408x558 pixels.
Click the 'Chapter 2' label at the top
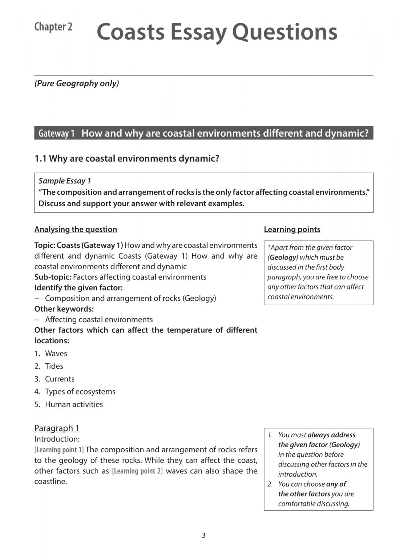click(x=53, y=27)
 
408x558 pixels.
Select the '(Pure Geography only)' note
click(x=77, y=83)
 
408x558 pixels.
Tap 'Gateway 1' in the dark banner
click(x=56, y=133)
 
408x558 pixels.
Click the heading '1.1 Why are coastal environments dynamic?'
click(x=127, y=158)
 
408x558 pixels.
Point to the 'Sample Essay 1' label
click(x=65, y=181)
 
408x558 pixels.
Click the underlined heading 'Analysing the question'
click(x=76, y=229)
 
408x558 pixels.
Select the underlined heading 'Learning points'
click(x=292, y=229)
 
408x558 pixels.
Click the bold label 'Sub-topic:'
click(x=53, y=277)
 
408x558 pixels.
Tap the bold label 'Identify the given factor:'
click(x=78, y=287)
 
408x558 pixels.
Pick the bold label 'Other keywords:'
click(x=64, y=309)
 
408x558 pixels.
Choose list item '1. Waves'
click(x=51, y=353)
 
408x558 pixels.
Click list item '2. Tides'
click(x=49, y=366)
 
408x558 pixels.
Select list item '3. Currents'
click(x=54, y=379)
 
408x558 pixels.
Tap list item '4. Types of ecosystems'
click(x=75, y=392)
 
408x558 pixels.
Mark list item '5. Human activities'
click(x=69, y=404)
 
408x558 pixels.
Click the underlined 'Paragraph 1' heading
click(x=57, y=428)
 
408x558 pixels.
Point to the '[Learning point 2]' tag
click(x=137, y=471)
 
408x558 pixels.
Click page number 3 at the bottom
click(x=203, y=535)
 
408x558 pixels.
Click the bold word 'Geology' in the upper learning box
click(x=283, y=257)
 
